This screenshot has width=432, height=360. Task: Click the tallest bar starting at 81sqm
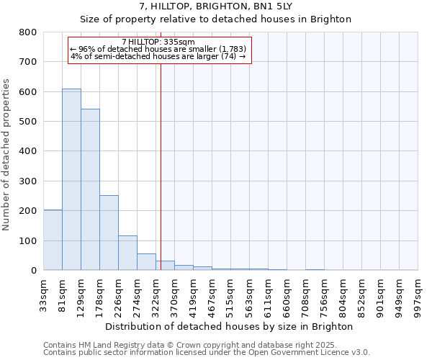[71, 179]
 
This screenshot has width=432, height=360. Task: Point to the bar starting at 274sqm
[146, 262]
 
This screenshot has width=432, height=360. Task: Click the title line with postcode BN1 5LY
[215, 6]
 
